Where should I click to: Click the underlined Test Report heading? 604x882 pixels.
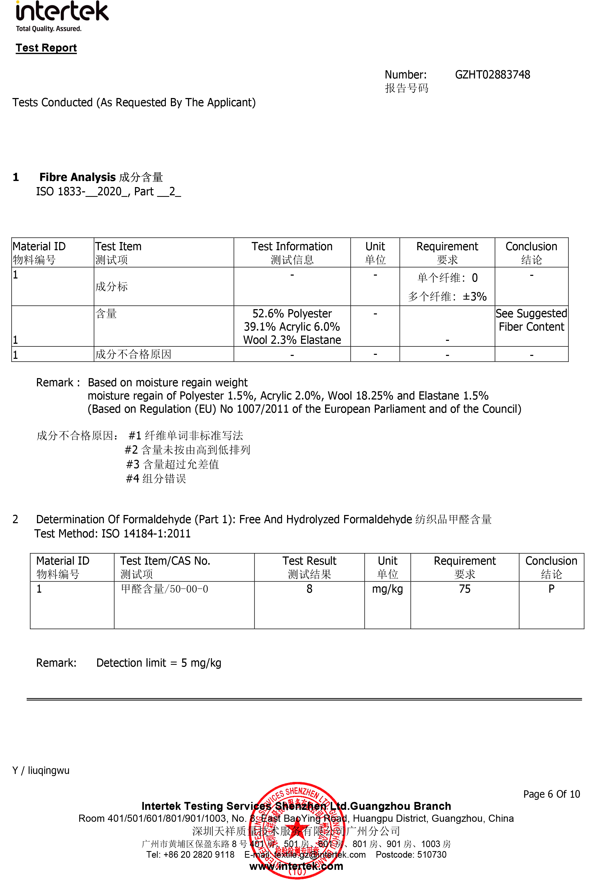coord(46,48)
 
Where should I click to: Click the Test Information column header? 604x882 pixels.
coord(292,247)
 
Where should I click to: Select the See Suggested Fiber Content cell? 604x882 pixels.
coord(531,320)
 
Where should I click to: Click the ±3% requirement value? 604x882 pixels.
coord(474,296)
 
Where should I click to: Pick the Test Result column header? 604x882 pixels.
coord(309,561)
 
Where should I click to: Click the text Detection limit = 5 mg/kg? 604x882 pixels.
coord(158,663)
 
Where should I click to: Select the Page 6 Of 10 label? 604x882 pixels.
coord(551,794)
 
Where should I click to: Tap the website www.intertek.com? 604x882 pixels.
coord(296,866)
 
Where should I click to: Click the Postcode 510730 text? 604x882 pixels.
coord(411,855)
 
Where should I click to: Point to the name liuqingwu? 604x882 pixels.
coord(49,770)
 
